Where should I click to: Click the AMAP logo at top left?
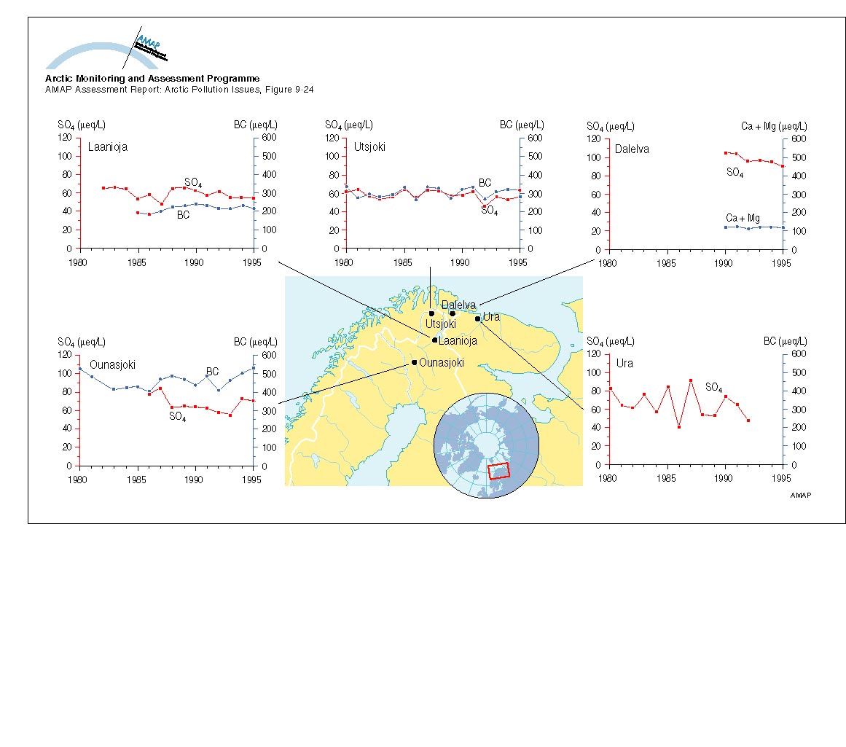coord(109,52)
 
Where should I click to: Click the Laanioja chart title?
coord(108,147)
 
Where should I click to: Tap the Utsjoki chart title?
coord(369,147)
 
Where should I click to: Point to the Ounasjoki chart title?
coord(113,364)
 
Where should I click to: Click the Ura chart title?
coord(624,363)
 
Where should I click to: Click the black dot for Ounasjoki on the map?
coord(414,362)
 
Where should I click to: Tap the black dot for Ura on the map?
coord(477,318)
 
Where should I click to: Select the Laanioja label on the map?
coord(458,340)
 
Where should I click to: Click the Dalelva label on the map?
coord(458,305)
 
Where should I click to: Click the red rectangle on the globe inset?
coord(498,471)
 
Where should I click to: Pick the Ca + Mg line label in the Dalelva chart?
coord(743,218)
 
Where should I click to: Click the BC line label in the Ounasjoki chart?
coord(212,372)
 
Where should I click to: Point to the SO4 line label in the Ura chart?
coord(714,386)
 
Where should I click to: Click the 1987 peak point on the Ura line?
coord(690,380)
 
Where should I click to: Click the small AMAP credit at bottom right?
coord(800,495)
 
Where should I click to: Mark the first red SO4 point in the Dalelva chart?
coord(725,153)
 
